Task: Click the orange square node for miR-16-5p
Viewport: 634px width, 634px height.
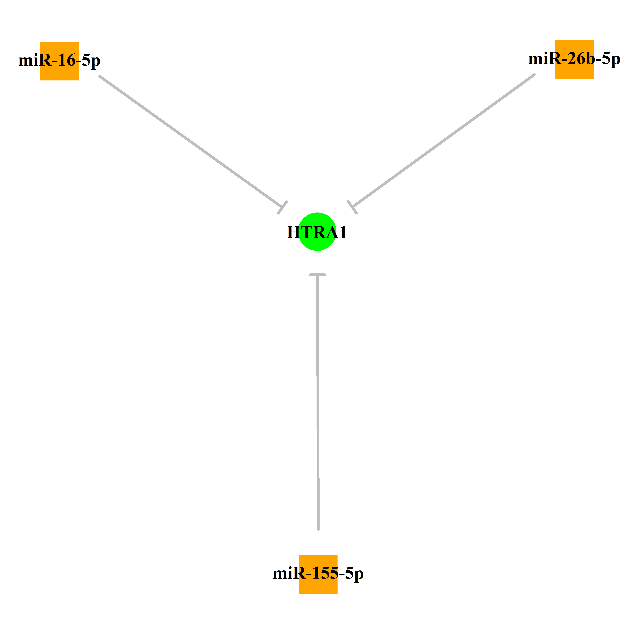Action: pyautogui.click(x=59, y=61)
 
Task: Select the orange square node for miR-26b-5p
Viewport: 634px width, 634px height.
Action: pyautogui.click(x=574, y=59)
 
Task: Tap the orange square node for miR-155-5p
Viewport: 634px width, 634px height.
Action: pyautogui.click(x=318, y=574)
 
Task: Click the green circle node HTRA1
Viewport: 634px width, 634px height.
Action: pyautogui.click(x=317, y=232)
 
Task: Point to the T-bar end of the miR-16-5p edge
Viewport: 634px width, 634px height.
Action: pyautogui.click(x=283, y=207)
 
